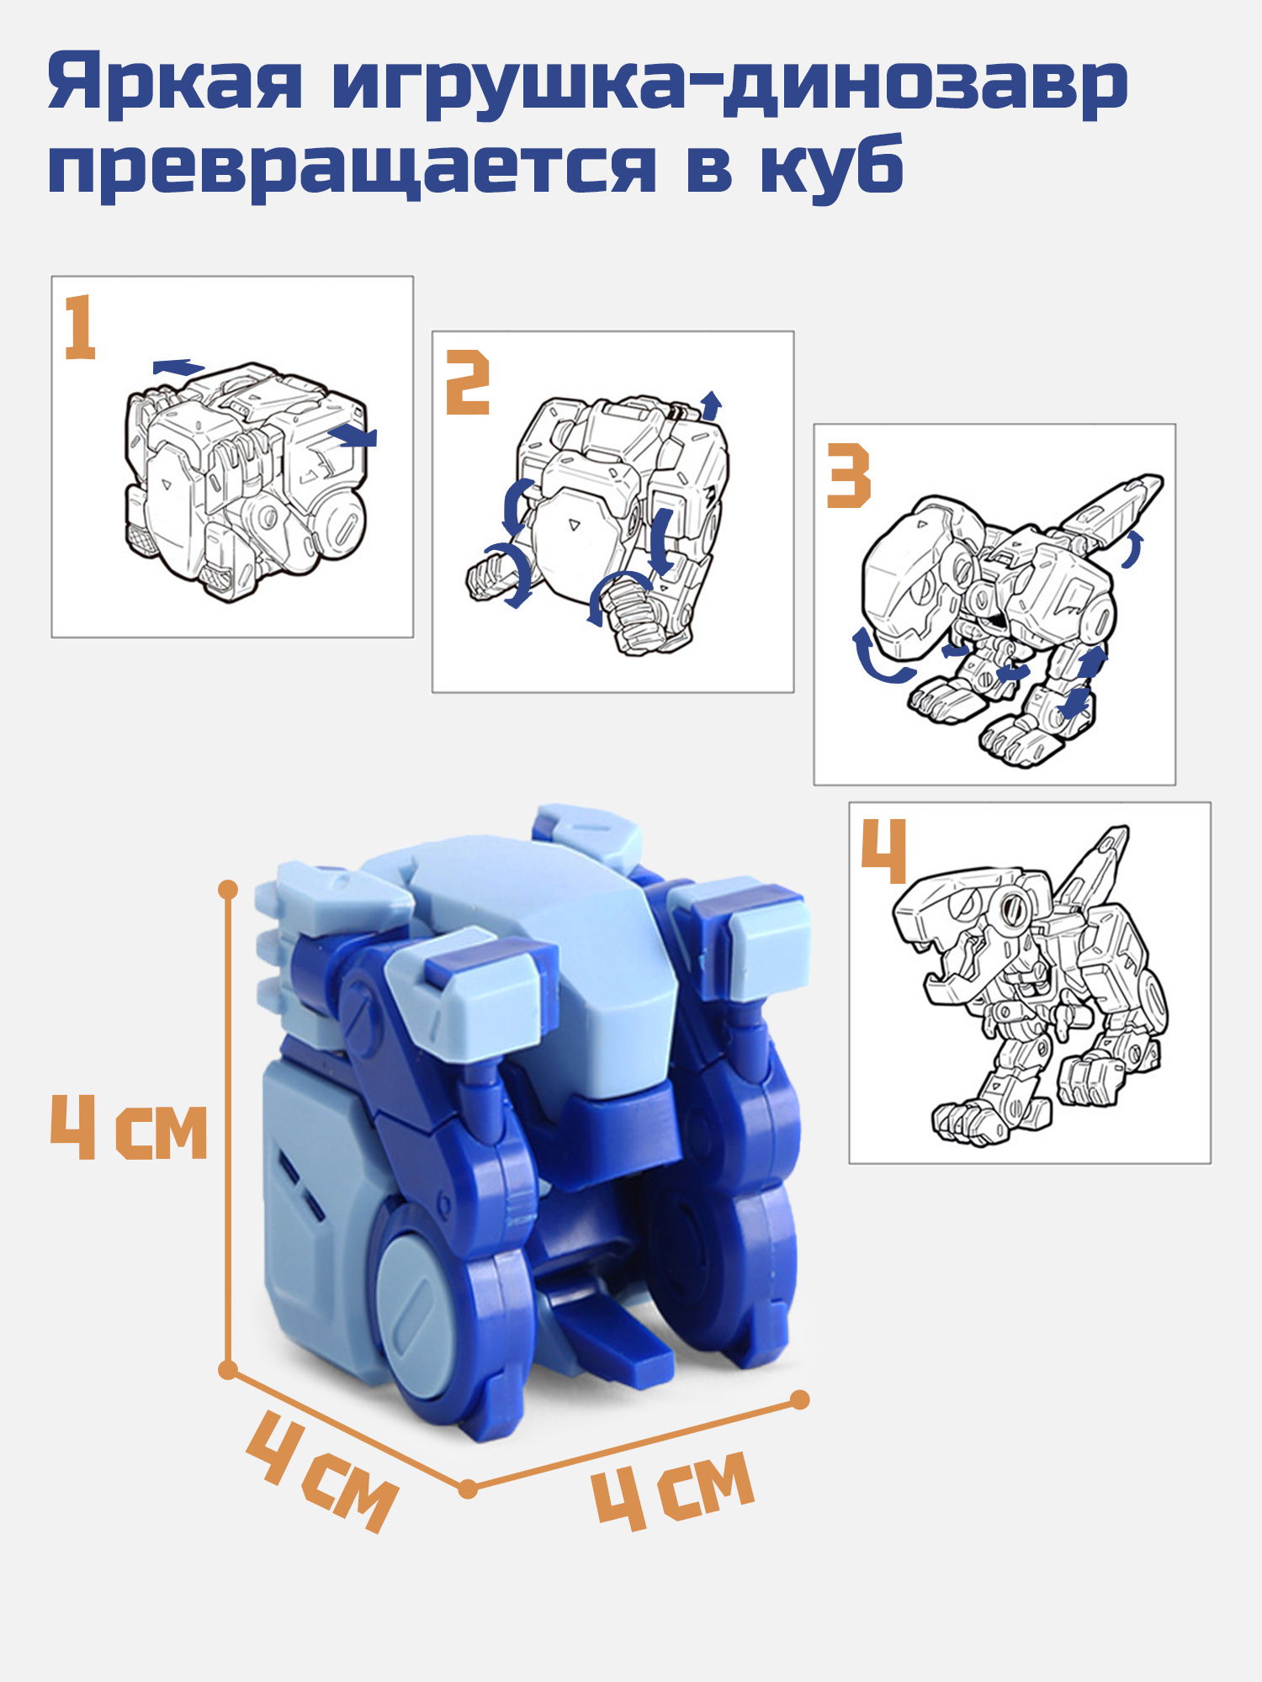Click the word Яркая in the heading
click(175, 84)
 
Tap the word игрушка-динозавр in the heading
click(730, 84)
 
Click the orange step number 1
click(80, 327)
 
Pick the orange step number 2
click(468, 383)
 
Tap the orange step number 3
click(848, 476)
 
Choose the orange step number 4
click(883, 851)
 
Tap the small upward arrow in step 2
click(712, 405)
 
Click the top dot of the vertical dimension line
click(228, 890)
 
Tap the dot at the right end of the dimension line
click(800, 1399)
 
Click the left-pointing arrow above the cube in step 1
click(178, 367)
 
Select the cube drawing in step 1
click(247, 480)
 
